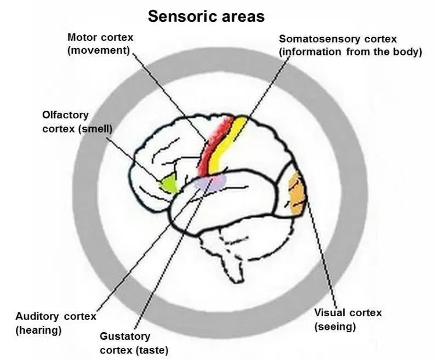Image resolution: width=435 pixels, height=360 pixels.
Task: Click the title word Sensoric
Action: [180, 16]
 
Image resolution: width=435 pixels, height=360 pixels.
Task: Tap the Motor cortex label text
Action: [101, 38]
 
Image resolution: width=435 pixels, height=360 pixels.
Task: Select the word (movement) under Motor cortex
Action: [99, 50]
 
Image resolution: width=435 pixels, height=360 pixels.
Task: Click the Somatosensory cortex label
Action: [345, 39]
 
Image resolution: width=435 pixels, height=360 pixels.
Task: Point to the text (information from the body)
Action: [350, 52]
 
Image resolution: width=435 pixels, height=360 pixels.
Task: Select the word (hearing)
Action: [38, 330]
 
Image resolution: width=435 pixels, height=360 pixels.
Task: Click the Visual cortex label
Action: [348, 313]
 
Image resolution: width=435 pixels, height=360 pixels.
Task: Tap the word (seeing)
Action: [335, 327]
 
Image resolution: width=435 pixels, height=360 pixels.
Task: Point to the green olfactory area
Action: [169, 184]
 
